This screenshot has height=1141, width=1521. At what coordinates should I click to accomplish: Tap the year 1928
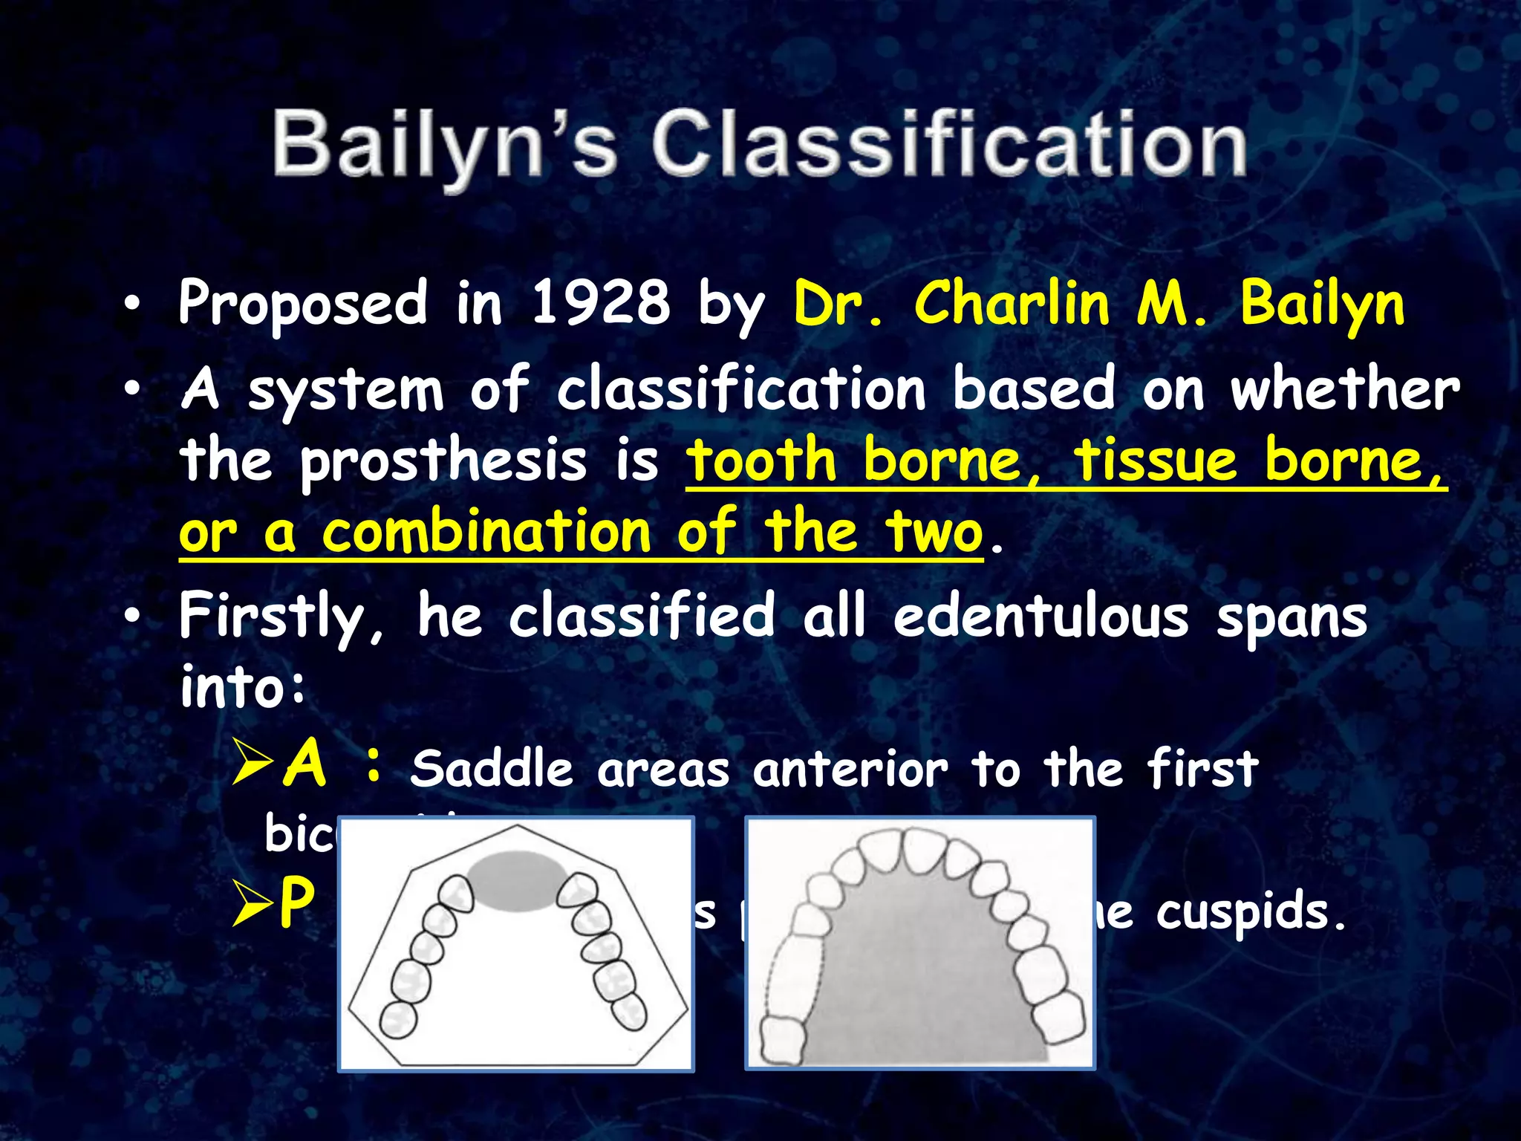coord(600,303)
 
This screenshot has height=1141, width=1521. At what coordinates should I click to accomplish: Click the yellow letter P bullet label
coord(296,902)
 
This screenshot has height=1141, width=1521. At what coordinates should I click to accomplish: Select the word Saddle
coord(491,769)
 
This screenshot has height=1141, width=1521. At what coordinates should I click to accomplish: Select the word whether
coord(1345,389)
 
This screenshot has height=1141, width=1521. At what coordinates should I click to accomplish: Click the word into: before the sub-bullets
coord(242,687)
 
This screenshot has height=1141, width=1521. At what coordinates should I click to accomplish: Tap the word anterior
coord(850,769)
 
